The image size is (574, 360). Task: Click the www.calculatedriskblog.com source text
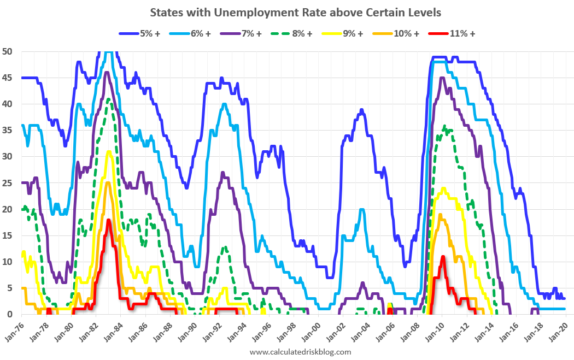pos(300,352)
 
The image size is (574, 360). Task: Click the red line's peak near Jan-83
pos(109,220)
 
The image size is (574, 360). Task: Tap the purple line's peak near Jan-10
pos(442,78)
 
